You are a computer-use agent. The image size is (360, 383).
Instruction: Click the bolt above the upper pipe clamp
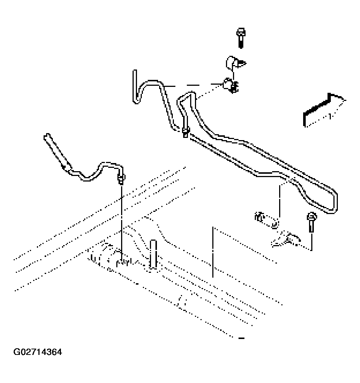point(240,38)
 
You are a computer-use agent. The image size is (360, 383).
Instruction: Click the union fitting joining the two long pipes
point(185,132)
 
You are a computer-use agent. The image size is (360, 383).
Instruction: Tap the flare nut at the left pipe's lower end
point(121,179)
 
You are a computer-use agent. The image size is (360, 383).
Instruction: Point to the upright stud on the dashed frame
point(153,255)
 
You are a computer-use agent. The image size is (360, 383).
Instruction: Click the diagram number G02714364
point(38,352)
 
